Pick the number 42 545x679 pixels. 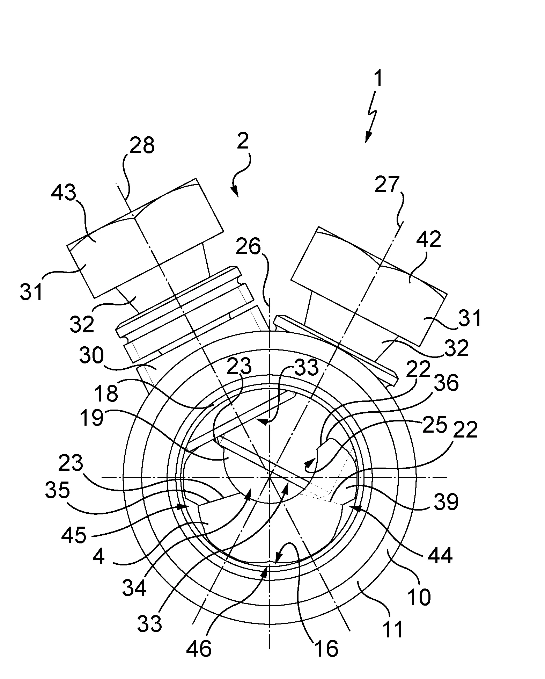point(429,240)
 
